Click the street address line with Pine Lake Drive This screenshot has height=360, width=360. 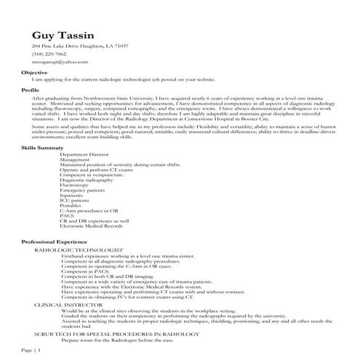[80, 46]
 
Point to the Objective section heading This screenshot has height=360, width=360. [34, 73]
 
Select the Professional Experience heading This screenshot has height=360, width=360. [55, 241]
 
